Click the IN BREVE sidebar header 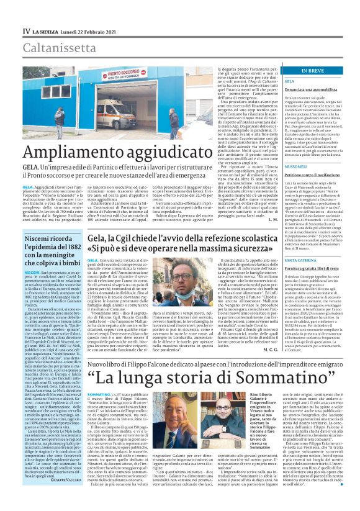point(312,71)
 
